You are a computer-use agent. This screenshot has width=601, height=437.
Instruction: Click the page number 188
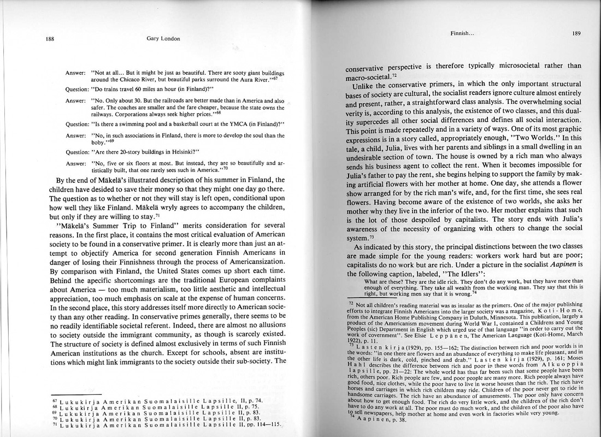pos(50,39)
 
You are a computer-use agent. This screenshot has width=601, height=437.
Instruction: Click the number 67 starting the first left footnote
pos(54,401)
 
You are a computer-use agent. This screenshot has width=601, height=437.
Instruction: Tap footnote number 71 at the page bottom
pos(54,424)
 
